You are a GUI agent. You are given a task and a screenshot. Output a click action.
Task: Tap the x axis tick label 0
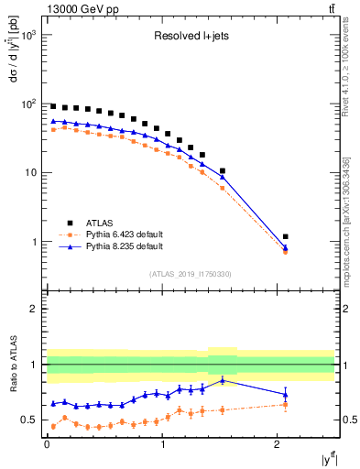[x=47, y=444]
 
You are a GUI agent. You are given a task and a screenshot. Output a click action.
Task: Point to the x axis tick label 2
[x=278, y=444]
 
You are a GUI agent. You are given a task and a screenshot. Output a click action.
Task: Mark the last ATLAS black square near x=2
[x=285, y=236]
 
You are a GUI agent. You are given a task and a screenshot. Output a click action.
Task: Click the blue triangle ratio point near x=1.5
[x=222, y=380]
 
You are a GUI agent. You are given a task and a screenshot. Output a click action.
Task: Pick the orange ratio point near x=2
[x=285, y=404]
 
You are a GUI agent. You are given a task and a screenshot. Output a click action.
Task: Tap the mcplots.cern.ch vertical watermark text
[x=347, y=220]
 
